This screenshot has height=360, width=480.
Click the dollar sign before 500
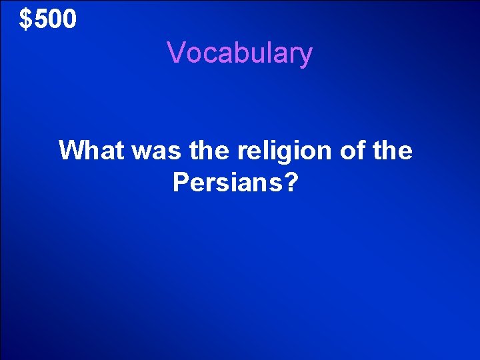click(25, 20)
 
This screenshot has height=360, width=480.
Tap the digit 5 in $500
click(41, 20)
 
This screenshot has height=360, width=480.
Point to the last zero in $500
click(69, 20)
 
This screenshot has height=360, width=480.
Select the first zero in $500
click(55, 20)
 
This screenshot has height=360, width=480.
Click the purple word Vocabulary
click(239, 53)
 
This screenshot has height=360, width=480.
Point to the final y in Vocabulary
click(305, 56)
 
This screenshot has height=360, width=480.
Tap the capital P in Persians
click(181, 181)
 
